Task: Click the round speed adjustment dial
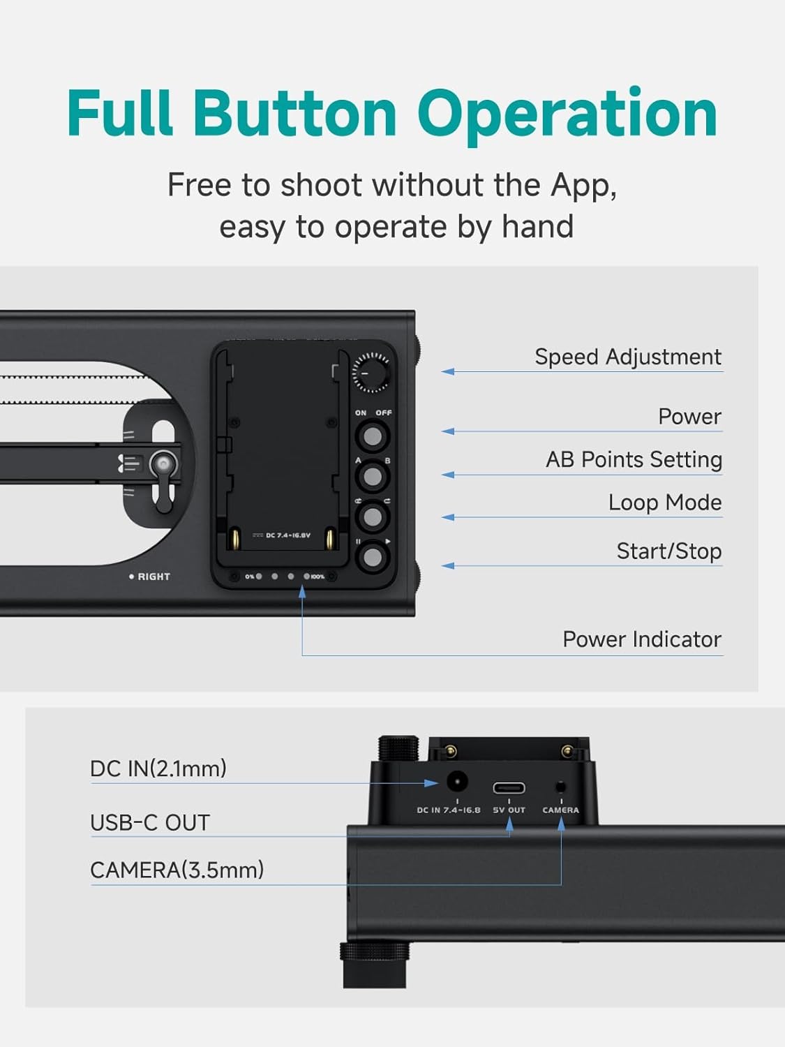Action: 371,371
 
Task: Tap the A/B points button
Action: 373,477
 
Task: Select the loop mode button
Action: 373,517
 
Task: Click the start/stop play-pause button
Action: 373,557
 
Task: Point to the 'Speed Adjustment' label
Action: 627,357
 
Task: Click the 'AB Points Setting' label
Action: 634,460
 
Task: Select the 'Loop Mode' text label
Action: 664,503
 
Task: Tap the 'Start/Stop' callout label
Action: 668,551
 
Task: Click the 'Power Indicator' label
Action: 641,639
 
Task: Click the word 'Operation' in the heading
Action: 567,113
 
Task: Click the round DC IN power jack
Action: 456,781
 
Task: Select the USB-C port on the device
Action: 509,788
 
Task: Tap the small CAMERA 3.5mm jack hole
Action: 560,787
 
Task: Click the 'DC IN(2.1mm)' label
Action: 158,768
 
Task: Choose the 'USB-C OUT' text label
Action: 150,823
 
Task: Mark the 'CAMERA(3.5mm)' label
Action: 177,870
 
